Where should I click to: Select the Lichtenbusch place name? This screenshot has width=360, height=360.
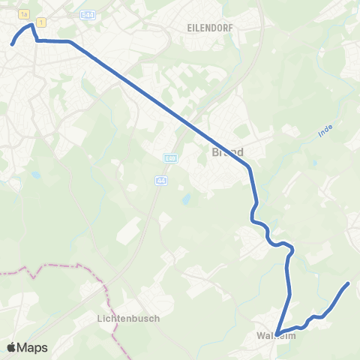point(128,318)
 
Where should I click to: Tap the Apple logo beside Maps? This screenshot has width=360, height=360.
point(12,347)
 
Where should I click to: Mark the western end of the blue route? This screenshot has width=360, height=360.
point(12,44)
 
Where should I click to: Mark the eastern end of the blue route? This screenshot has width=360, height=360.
point(348,283)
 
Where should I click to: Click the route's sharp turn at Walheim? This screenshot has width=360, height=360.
point(277,334)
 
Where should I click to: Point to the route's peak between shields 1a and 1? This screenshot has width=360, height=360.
point(31,25)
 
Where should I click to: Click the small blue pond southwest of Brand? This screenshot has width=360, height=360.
point(184,199)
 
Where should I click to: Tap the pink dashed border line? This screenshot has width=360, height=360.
point(60,266)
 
